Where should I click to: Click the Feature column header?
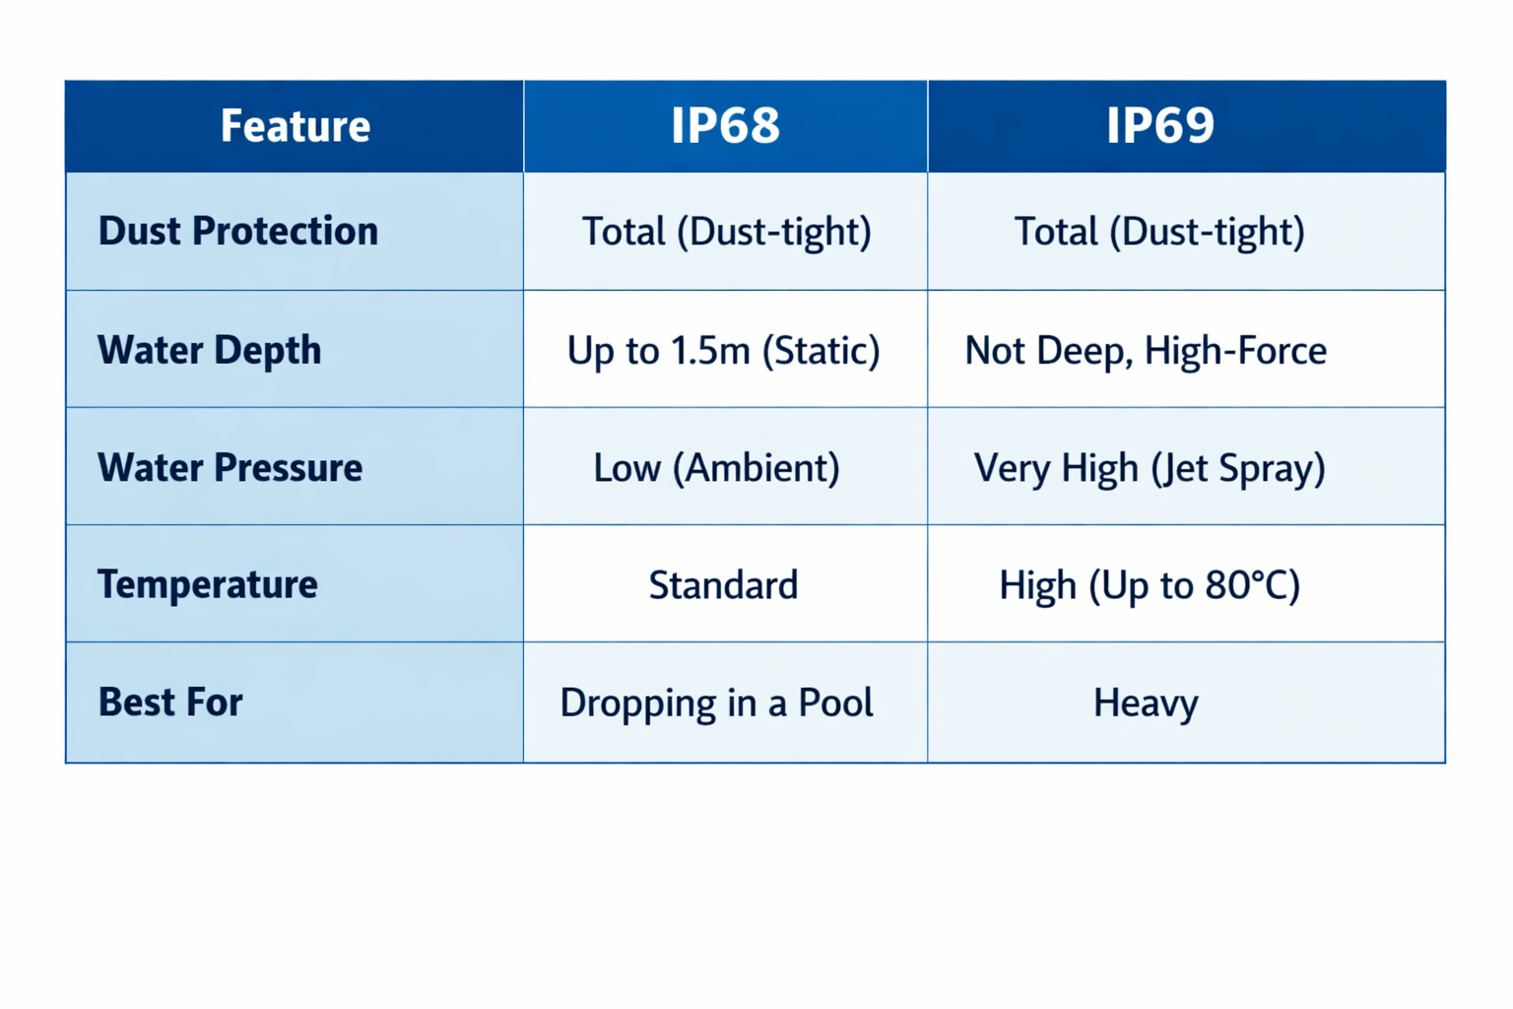tap(296, 126)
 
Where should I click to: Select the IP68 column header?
tap(725, 125)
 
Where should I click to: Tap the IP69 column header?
tap(1159, 125)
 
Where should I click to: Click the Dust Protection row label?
tap(237, 231)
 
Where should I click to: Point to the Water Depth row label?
tap(210, 350)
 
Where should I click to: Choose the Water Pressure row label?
tap(230, 467)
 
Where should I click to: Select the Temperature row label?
tap(208, 584)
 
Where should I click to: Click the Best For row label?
tap(170, 702)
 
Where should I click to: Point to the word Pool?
tap(836, 702)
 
